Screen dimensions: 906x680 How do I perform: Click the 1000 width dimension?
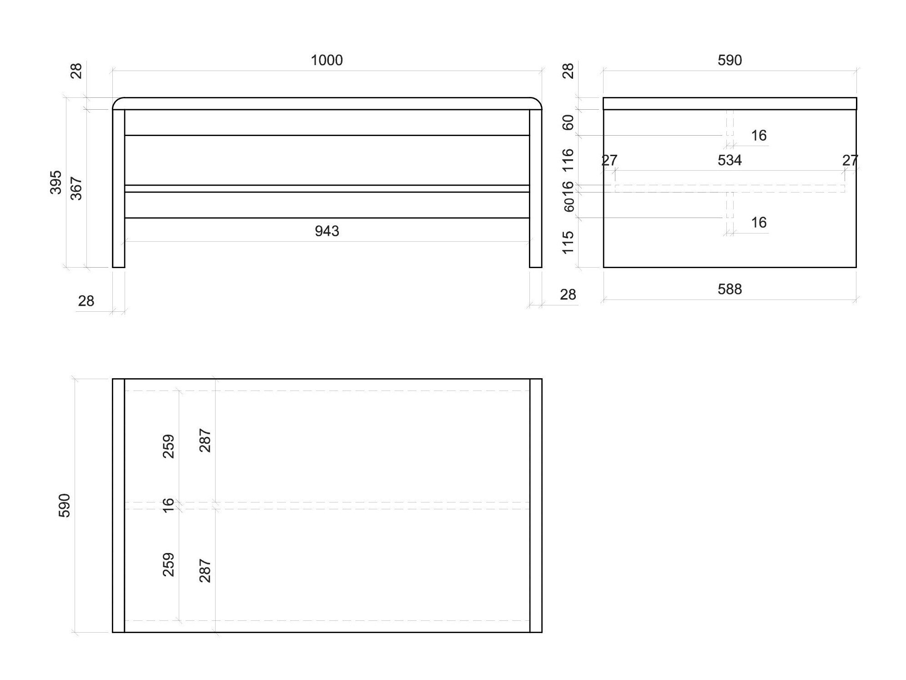(327, 60)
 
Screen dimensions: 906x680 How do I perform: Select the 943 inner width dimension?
(327, 231)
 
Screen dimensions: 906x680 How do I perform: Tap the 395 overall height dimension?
(56, 182)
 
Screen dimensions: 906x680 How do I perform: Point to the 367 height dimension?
(76, 188)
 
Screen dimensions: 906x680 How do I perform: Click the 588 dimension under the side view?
(730, 289)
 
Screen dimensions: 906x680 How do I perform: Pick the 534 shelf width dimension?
(730, 160)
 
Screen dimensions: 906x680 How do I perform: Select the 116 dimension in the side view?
(568, 160)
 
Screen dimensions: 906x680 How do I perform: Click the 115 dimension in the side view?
(568, 242)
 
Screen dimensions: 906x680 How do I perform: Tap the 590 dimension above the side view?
(730, 60)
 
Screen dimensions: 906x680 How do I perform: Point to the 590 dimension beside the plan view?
(65, 505)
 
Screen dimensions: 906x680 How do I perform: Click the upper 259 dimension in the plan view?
(168, 446)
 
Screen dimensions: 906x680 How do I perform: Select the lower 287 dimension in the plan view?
(205, 571)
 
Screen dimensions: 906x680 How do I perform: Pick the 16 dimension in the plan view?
(168, 505)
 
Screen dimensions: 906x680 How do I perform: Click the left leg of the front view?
(118, 188)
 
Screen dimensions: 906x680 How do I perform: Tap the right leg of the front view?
(536, 188)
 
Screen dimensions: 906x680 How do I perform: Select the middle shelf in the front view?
(327, 188)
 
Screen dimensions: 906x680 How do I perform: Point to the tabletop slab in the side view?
(730, 103)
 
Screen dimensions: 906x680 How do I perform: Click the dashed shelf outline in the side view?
(730, 188)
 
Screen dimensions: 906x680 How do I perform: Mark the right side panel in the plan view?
(536, 505)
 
